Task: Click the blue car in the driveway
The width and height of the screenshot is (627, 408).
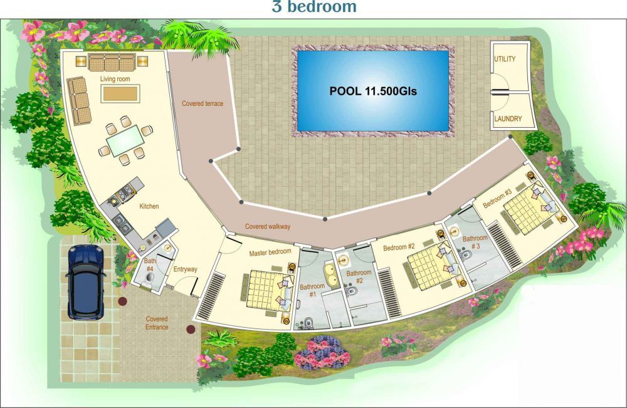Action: (86, 282)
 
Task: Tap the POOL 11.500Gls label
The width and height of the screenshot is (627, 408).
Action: (373, 91)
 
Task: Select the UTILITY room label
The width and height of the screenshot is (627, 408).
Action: (505, 59)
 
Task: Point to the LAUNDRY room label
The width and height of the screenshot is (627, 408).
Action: (508, 118)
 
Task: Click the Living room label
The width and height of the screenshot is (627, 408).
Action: (115, 79)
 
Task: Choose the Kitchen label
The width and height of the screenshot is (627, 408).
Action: (149, 206)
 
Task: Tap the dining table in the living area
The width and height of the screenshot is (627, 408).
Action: (126, 140)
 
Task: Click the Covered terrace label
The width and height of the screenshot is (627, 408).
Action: (203, 103)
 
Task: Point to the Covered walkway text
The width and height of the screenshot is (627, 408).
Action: (268, 226)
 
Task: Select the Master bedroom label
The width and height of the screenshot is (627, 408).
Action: (270, 253)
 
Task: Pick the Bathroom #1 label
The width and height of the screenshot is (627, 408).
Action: (312, 290)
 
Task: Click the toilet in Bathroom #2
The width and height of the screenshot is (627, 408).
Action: (351, 291)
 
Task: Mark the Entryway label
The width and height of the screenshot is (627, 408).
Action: (185, 269)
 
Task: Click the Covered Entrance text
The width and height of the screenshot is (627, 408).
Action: (157, 323)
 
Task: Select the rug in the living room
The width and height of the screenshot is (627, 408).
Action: (120, 94)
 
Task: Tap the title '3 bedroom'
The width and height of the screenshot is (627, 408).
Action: (314, 7)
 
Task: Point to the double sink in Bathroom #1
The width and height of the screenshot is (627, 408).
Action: (332, 275)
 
